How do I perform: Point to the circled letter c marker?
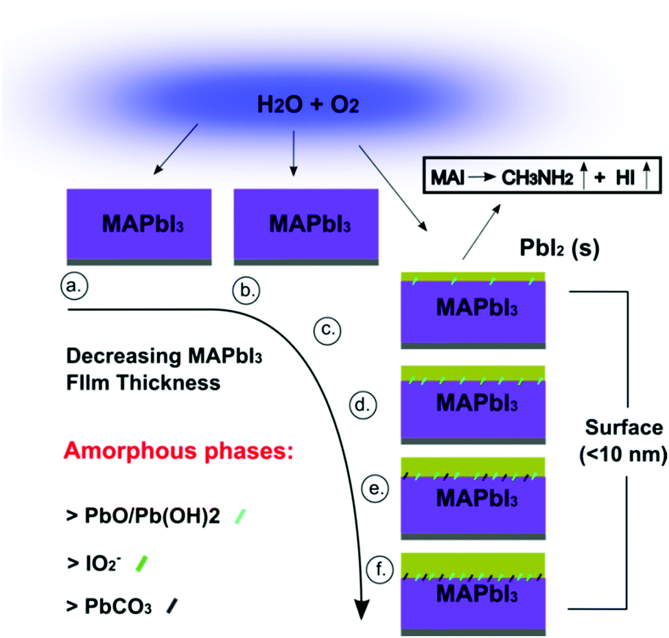[x=328, y=330]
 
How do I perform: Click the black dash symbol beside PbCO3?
[x=171, y=604]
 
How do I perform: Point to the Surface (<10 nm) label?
[x=624, y=441]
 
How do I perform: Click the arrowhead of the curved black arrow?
[x=362, y=606]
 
